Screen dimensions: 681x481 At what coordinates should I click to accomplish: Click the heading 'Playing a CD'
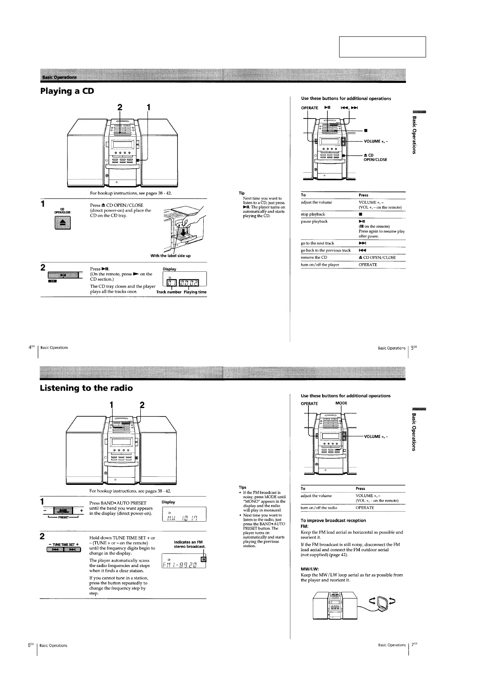click(67, 91)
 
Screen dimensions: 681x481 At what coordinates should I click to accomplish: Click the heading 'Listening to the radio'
click(86, 388)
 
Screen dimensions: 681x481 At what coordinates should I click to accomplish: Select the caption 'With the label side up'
click(170, 256)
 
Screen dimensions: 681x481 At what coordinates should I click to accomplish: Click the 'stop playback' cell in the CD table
click(313, 214)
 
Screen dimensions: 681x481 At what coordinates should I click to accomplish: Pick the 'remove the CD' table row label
click(314, 258)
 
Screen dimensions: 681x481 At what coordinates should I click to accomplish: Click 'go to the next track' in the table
click(317, 243)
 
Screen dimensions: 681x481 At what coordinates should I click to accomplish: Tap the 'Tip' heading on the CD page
click(242, 193)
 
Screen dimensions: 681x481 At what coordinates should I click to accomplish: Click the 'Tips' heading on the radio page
click(243, 487)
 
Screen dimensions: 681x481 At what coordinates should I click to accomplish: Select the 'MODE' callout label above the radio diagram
click(341, 403)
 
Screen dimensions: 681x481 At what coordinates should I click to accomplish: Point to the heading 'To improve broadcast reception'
click(333, 520)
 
